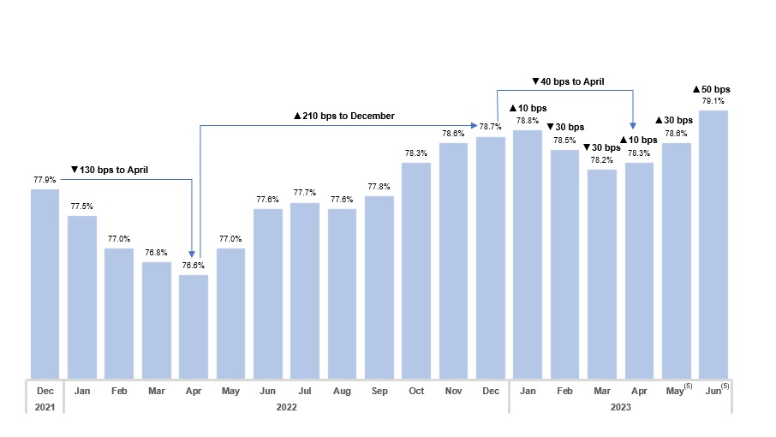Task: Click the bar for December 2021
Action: pyautogui.click(x=45, y=283)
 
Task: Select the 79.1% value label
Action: pyautogui.click(x=713, y=101)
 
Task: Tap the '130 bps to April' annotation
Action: pyautogui.click(x=110, y=170)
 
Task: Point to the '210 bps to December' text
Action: pyautogui.click(x=344, y=116)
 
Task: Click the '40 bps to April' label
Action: pyautogui.click(x=568, y=81)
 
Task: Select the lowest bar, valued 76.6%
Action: pyautogui.click(x=194, y=326)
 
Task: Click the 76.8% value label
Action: pyautogui.click(x=156, y=253)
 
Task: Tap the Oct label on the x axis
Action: pyautogui.click(x=416, y=391)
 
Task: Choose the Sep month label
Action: pyautogui.click(x=379, y=391)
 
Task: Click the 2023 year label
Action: pyautogui.click(x=621, y=408)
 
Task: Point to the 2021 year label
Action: pyautogui.click(x=45, y=408)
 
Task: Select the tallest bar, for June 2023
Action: pyautogui.click(x=713, y=244)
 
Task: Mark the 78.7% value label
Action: pyautogui.click(x=490, y=127)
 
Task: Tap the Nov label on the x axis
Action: pyautogui.click(x=453, y=391)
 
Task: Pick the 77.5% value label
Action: pyautogui.click(x=82, y=207)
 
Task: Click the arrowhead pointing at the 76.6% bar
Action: pyautogui.click(x=193, y=254)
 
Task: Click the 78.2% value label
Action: pyautogui.click(x=601, y=160)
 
